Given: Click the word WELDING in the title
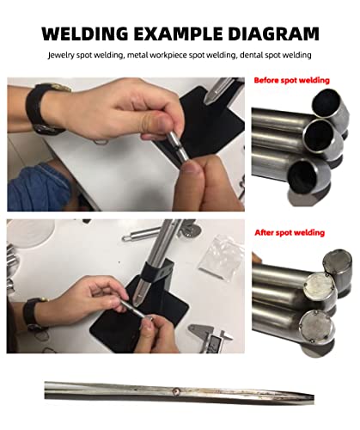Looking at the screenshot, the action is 85,34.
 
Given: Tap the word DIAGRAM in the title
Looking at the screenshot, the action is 273,34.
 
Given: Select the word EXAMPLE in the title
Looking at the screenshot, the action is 178,34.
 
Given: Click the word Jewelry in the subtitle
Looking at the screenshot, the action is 61,55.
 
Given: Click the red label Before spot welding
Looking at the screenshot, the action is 291,80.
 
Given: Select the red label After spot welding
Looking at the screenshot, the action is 290,232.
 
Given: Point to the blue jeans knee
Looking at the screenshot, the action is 39,187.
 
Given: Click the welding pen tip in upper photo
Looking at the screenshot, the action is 207,101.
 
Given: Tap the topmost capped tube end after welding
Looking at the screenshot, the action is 337,261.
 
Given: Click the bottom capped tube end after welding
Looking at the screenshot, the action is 316,327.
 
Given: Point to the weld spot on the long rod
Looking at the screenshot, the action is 177,390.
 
